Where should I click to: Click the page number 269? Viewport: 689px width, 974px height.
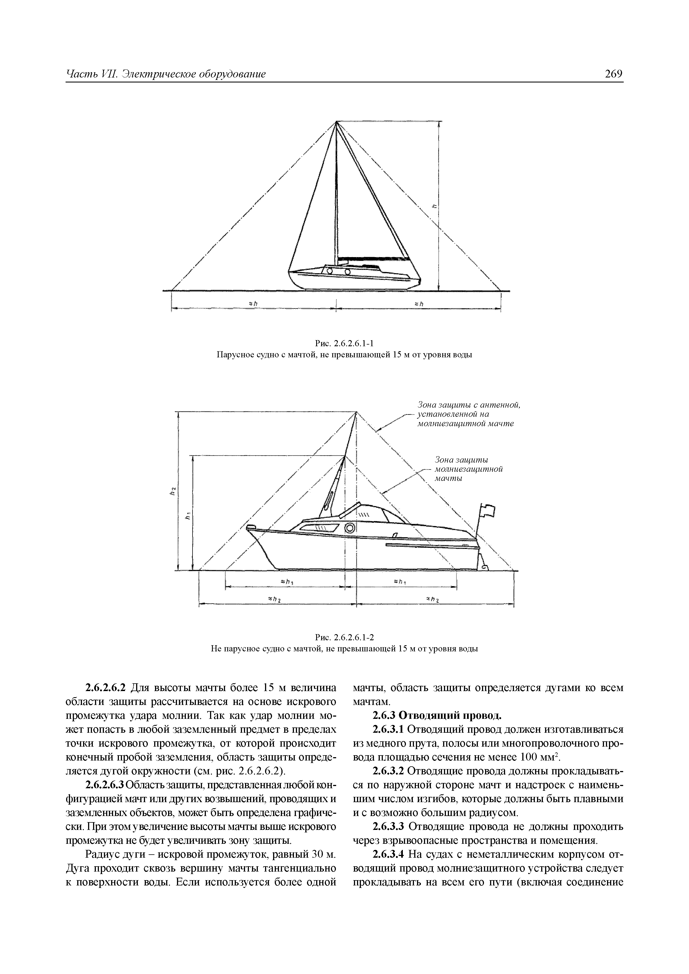[613, 74]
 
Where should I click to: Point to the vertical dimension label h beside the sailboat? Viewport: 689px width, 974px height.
[433, 207]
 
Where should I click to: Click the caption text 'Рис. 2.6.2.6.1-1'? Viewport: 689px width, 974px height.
[344, 343]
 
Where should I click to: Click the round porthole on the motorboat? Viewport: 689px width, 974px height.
[350, 528]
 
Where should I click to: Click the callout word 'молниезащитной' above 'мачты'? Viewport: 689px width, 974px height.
[469, 469]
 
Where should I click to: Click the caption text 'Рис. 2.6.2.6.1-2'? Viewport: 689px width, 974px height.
[344, 637]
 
